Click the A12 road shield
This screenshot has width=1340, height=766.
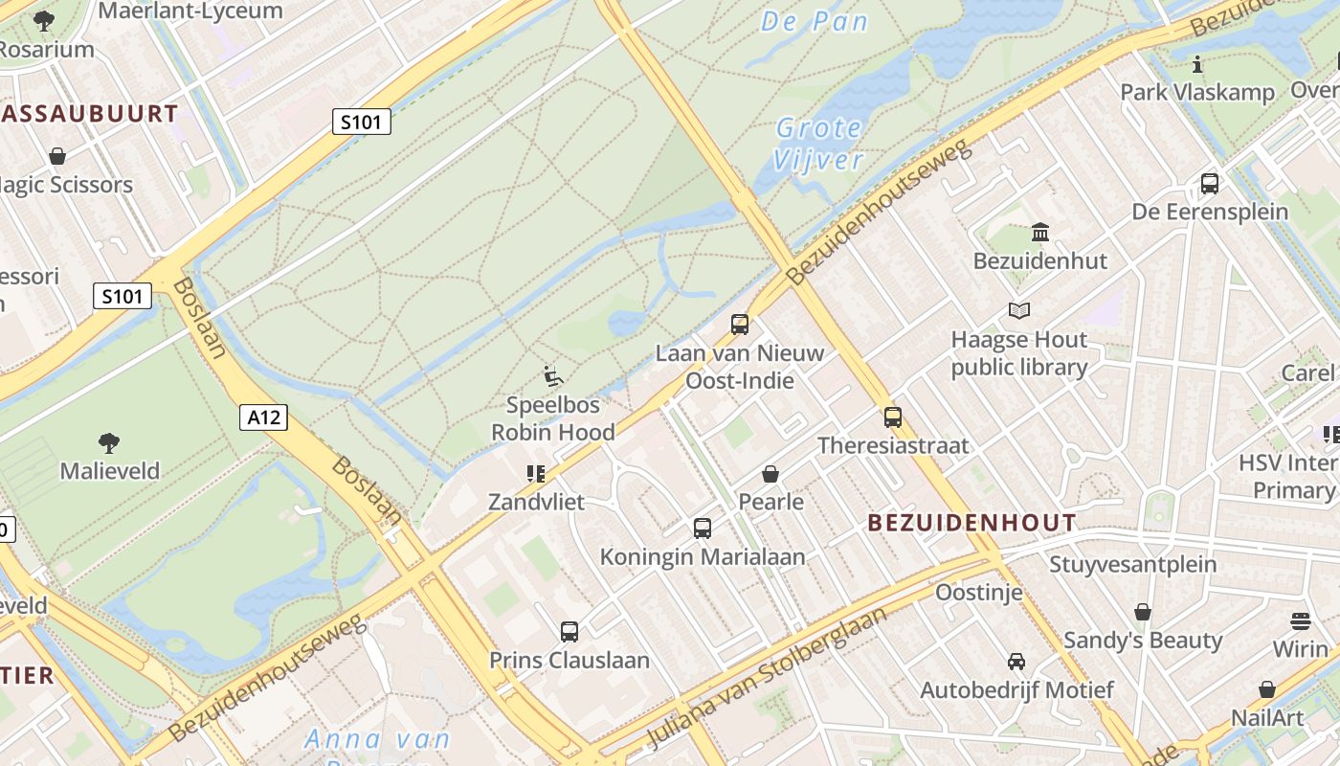[263, 417]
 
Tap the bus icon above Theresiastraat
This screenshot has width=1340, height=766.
[893, 417]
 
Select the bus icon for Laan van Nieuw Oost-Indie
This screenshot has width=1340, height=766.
[740, 325]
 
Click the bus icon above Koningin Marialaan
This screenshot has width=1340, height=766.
[703, 529]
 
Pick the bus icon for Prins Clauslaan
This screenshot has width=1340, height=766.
[569, 632]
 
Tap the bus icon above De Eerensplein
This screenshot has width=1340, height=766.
[1210, 184]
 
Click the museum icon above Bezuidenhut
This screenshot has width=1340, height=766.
[1040, 233]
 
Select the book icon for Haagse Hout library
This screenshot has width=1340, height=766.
[1019, 311]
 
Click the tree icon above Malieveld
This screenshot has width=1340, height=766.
[109, 442]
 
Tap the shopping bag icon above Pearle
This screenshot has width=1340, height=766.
[770, 474]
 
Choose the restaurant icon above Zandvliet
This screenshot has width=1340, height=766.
[535, 473]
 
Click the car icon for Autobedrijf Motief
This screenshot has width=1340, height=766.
[1016, 662]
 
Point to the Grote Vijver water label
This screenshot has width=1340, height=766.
[819, 143]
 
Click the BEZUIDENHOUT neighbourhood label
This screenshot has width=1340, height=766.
[971, 523]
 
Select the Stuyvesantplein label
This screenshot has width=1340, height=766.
[1133, 564]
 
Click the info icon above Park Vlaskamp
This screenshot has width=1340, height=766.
[1197, 65]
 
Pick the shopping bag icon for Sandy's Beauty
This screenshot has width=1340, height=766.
[1143, 612]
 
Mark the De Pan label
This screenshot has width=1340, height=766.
[815, 21]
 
